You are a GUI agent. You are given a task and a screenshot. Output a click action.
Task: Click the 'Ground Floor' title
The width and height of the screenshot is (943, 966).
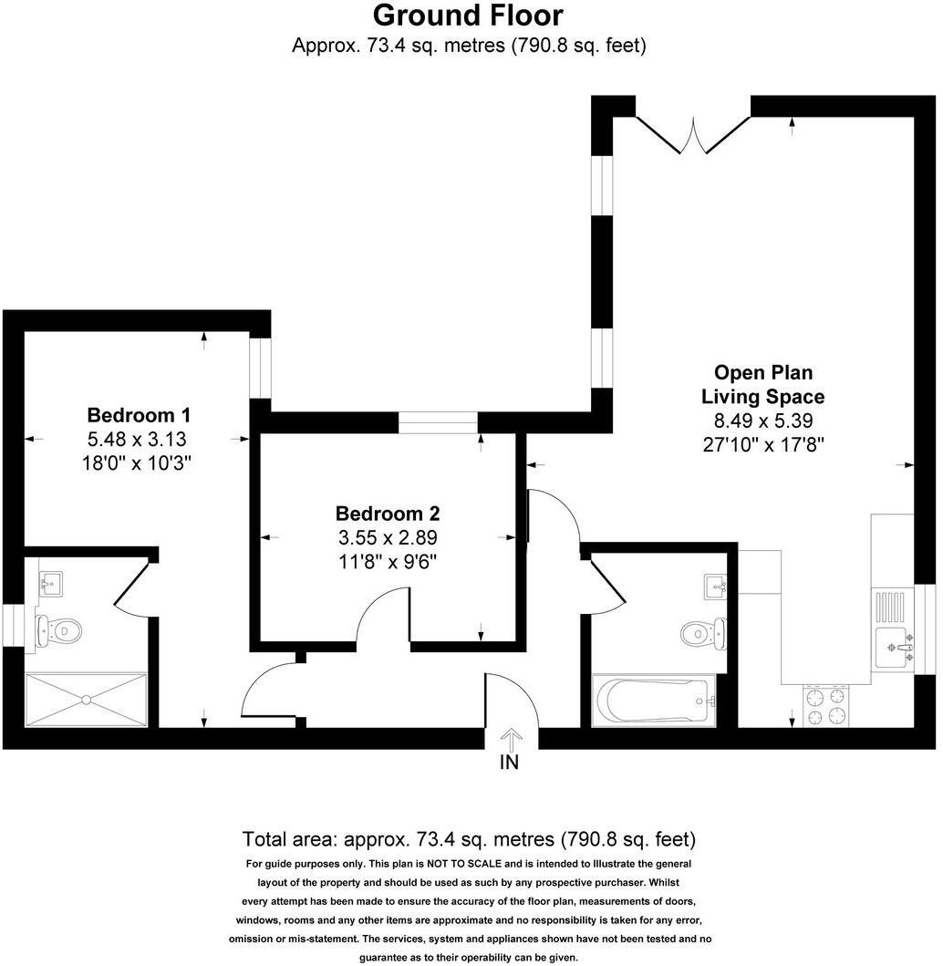pos(468,16)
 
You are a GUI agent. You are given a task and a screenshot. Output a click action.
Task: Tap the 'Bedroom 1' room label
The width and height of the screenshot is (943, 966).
pos(138,413)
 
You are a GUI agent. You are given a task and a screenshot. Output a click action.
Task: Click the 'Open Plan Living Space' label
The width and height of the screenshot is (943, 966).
pos(762,385)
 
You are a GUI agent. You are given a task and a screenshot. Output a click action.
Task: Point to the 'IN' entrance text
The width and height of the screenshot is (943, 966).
pos(509,763)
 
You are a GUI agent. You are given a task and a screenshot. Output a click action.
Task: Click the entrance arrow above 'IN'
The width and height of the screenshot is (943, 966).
pos(510,736)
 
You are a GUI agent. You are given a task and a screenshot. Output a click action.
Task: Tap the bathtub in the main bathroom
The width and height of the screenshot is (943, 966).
pos(653,701)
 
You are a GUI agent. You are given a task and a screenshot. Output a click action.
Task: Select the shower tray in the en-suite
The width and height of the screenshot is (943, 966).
pos(86,700)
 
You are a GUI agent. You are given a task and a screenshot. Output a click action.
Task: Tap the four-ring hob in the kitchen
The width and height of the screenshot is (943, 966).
pos(826,706)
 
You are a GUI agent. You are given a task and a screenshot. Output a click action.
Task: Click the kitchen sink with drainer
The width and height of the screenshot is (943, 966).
pos(893,629)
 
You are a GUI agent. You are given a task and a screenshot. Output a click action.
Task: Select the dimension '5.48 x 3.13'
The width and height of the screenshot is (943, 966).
pos(138,438)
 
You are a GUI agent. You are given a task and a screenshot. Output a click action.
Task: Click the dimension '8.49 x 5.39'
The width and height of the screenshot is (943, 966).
pos(762,421)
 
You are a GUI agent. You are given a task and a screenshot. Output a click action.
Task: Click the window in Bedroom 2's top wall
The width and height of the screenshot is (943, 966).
pos(439,421)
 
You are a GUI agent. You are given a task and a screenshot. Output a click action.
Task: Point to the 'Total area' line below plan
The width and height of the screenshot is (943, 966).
pos(469,838)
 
